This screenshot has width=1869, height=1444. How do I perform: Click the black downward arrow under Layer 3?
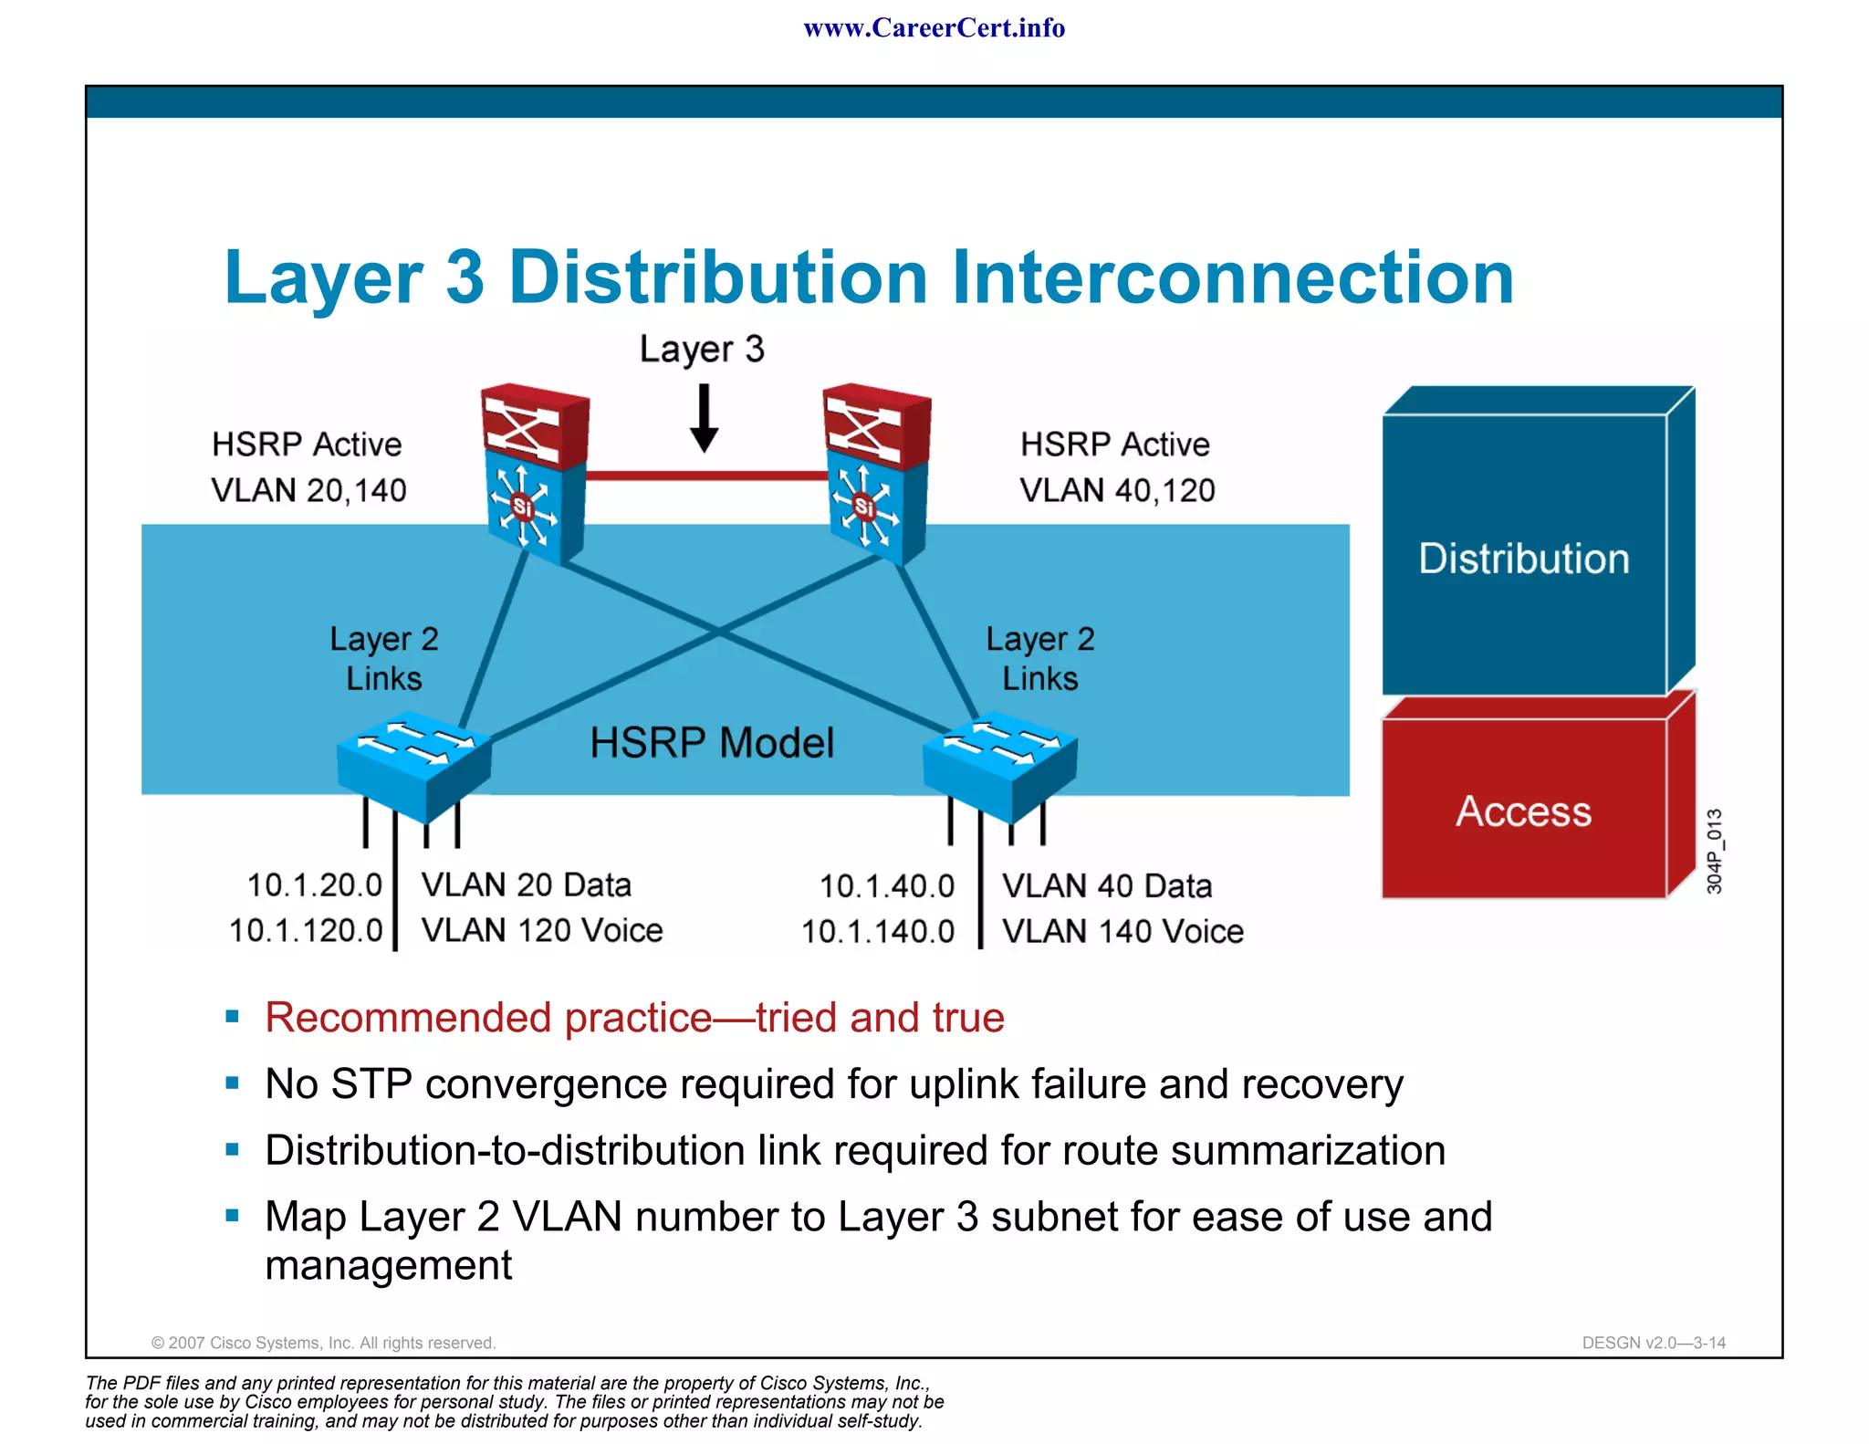[x=704, y=420]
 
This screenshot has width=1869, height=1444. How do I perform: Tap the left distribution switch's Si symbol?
[x=522, y=507]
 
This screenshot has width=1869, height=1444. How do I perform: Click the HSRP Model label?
[x=712, y=743]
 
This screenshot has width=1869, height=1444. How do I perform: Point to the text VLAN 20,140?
[x=308, y=491]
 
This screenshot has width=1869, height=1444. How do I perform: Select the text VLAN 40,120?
[x=1117, y=491]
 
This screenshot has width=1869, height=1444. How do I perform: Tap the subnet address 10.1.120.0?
[x=306, y=931]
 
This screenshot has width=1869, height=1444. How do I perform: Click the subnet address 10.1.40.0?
[x=886, y=886]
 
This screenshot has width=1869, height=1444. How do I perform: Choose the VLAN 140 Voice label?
[x=1122, y=931]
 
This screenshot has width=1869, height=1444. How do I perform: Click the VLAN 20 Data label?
[x=526, y=885]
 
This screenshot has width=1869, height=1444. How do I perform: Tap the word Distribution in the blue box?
[x=1523, y=559]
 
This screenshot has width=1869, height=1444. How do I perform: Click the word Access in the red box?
[x=1523, y=811]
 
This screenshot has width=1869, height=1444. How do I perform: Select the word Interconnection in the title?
[x=1232, y=277]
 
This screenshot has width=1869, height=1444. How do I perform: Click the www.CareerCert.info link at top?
[x=934, y=28]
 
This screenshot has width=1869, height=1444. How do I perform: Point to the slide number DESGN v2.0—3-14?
[x=1654, y=1343]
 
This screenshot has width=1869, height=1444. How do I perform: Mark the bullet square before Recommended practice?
[x=232, y=1016]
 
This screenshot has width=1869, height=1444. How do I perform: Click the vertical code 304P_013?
[x=1714, y=851]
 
